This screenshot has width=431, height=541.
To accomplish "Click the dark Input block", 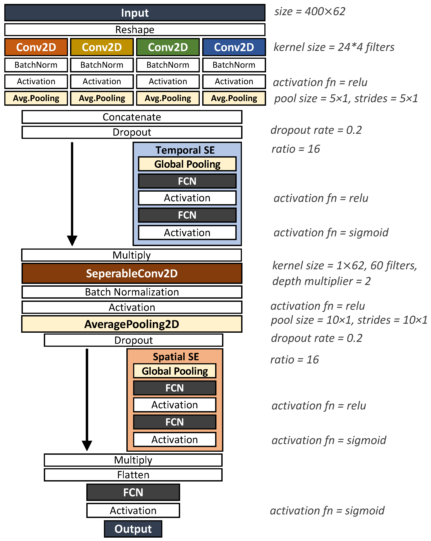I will pyautogui.click(x=135, y=13).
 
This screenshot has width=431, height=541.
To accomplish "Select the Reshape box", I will pyautogui.click(x=135, y=30).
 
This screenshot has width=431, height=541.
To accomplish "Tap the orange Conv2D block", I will pyautogui.click(x=36, y=47).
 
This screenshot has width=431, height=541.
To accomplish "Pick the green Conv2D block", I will pyautogui.click(x=168, y=47).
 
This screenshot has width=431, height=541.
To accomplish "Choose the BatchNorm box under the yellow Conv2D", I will pyautogui.click(x=102, y=65).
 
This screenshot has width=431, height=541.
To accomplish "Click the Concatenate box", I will pyautogui.click(x=132, y=117).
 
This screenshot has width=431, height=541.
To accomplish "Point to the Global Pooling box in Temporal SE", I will pyautogui.click(x=187, y=164).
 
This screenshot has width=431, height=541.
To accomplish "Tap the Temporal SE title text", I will pyautogui.click(x=185, y=150).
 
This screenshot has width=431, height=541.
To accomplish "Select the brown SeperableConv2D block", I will pyautogui.click(x=132, y=273).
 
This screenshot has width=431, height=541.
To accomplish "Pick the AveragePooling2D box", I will pyautogui.click(x=132, y=324).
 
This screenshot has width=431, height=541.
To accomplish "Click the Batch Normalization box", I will pyautogui.click(x=132, y=292).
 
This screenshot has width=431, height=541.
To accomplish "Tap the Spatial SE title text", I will pyautogui.click(x=176, y=356).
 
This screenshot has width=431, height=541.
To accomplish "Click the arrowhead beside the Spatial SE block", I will pyautogui.click(x=87, y=445).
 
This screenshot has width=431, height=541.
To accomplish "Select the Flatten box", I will pyautogui.click(x=133, y=475).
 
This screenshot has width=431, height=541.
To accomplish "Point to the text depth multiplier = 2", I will pyautogui.click(x=321, y=281).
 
